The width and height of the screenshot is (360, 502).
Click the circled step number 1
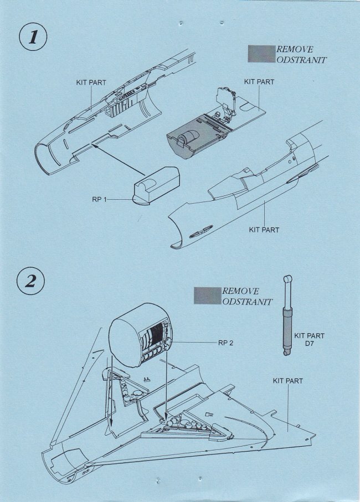click(33, 38)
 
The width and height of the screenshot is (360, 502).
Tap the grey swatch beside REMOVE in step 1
click(262, 54)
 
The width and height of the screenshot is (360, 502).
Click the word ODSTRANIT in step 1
click(301, 60)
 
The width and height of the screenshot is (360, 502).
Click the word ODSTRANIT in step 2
click(247, 302)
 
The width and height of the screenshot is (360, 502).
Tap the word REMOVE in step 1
click(295, 49)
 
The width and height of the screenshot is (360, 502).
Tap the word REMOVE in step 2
click(241, 291)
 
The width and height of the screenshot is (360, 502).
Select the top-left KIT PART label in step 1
click(91, 82)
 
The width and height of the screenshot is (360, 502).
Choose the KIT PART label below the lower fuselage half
click(264, 230)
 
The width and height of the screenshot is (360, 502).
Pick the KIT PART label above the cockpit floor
click(259, 81)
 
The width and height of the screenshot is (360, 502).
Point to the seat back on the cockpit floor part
click(228, 100)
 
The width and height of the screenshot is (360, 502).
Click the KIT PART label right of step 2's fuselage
click(288, 381)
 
